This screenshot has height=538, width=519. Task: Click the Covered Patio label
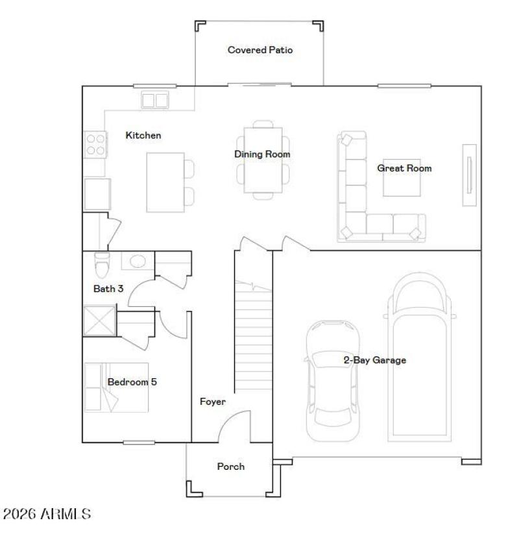coord(259,50)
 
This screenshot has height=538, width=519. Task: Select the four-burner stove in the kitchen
coord(95,143)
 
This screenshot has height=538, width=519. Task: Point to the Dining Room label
coord(262,154)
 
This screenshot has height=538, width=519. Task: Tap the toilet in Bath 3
coord(102,264)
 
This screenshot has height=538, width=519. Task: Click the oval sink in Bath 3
coord(138,262)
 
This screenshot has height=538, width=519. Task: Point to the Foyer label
coord(212,402)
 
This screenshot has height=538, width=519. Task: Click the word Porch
coord(230,466)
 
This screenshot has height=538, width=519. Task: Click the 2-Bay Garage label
coord(374,360)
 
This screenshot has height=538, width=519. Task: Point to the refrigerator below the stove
coord(97,194)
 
